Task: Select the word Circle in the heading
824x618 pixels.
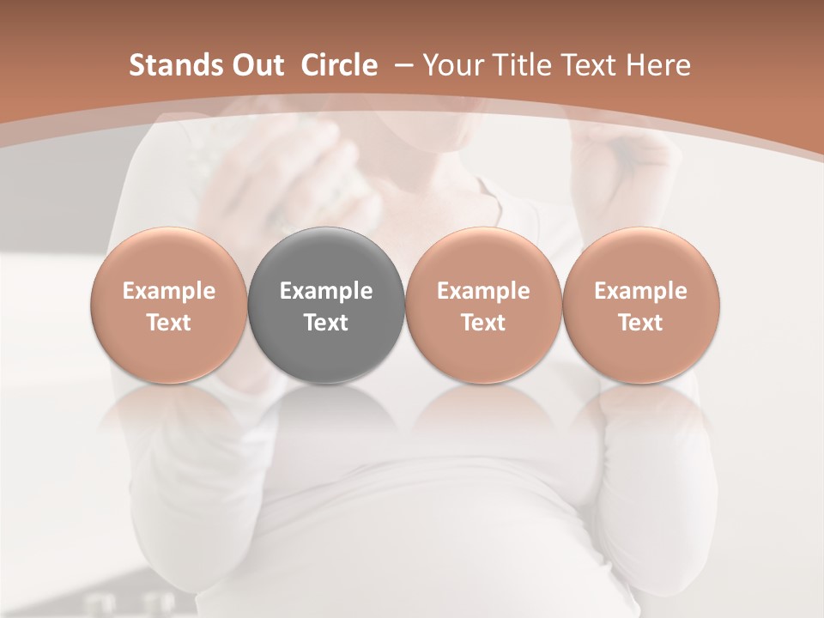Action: coord(339,66)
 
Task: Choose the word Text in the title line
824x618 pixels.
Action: coord(584,66)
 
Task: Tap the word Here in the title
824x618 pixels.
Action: coord(657,66)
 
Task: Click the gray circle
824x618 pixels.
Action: coord(326,306)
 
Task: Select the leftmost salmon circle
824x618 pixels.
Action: coord(169,306)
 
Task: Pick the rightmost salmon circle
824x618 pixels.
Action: coord(641,306)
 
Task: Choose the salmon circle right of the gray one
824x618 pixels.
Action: coord(483,306)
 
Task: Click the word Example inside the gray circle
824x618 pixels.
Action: coord(326,291)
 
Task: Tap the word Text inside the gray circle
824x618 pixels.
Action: coord(326,323)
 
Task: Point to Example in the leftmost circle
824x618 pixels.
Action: coord(169,291)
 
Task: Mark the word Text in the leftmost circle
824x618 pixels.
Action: coord(169,323)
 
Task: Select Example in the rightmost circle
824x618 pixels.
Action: coord(641,291)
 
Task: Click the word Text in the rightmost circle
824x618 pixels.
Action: coord(641,323)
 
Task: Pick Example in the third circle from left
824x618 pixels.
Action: coord(483,291)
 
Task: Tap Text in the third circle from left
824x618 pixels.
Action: coord(483,323)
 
